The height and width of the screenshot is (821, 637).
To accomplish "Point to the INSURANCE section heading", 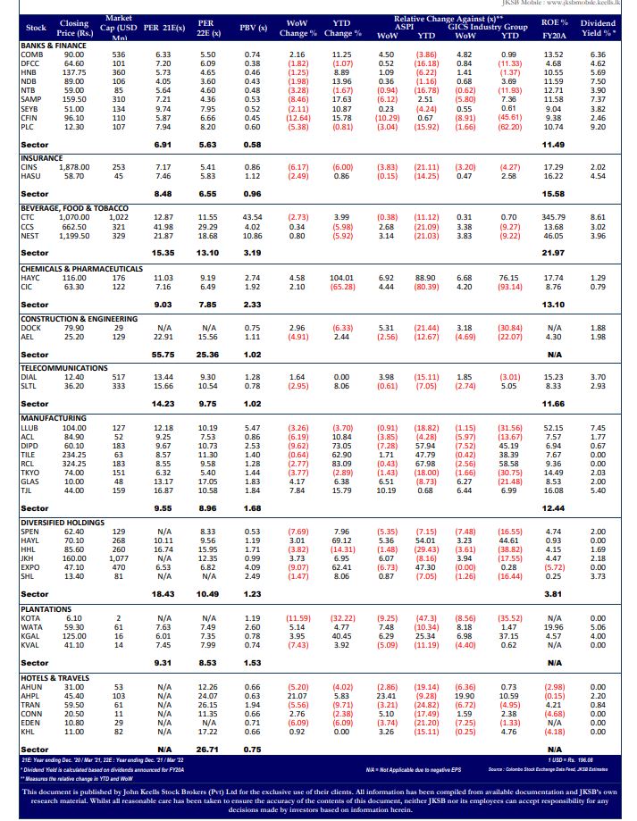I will point(42,158).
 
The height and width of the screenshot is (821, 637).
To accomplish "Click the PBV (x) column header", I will point(254,28).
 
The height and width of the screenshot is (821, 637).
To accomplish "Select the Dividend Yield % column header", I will point(598,28).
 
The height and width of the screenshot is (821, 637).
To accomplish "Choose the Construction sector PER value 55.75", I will point(163,355).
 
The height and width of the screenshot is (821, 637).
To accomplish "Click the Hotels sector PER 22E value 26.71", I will point(207,750).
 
